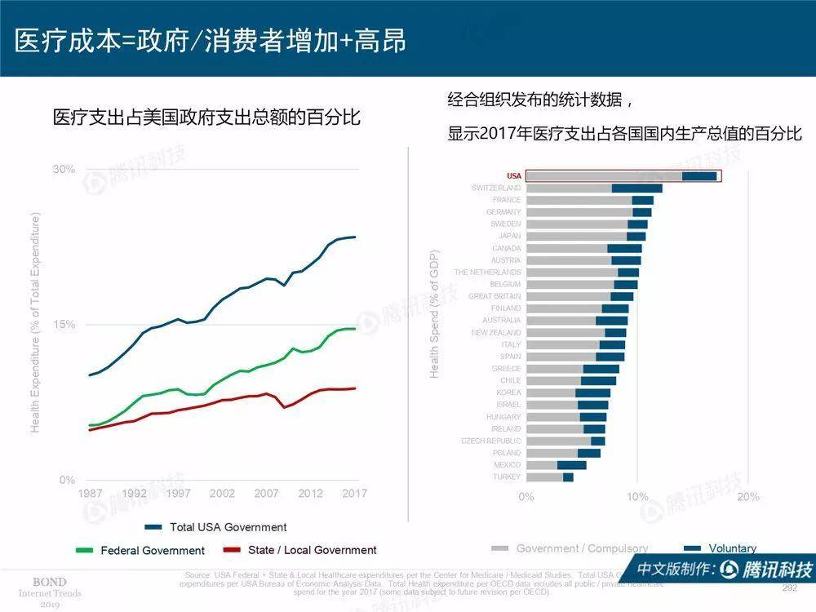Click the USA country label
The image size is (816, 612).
[513, 176]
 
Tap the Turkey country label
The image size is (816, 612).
[507, 477]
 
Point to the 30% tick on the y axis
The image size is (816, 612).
[64, 170]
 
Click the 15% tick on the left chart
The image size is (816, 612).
[64, 325]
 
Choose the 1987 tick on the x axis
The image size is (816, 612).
[90, 494]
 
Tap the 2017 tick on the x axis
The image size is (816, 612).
[354, 494]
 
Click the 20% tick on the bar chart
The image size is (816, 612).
[747, 496]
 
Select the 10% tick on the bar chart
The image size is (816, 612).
[637, 496]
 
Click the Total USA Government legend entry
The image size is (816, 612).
[228, 527]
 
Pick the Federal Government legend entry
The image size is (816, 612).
[153, 551]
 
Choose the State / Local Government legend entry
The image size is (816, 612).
[312, 550]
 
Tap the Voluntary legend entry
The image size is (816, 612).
[732, 548]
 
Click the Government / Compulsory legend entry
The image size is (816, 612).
[582, 548]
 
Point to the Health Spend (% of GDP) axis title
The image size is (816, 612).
[435, 313]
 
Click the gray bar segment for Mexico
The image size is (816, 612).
[542, 465]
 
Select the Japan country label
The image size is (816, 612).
[509, 236]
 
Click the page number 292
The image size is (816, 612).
[789, 588]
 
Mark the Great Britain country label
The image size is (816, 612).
[494, 296]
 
